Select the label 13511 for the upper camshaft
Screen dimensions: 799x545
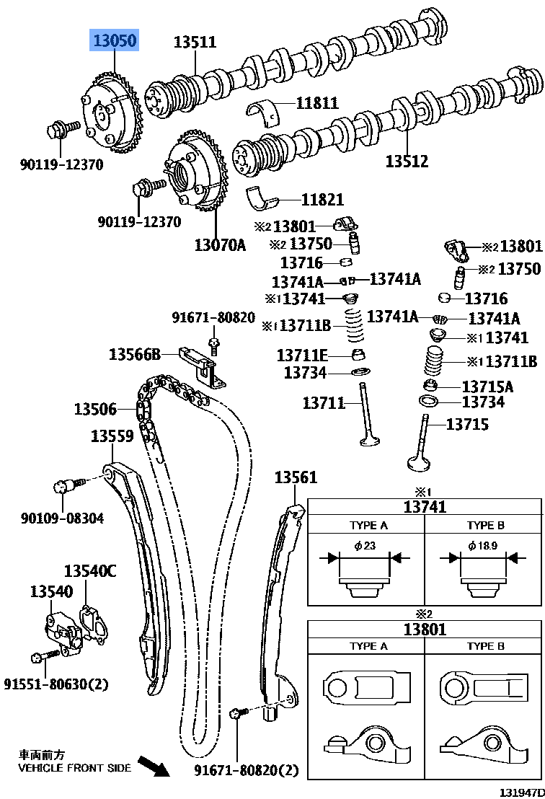195,42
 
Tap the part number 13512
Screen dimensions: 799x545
407,162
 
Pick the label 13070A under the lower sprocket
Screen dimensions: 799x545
219,244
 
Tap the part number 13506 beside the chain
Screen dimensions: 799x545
94,410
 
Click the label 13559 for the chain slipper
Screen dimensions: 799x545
112,436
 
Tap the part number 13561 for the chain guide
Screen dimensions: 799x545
296,477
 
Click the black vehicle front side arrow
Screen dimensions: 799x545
152,764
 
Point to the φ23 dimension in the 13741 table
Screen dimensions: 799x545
365,546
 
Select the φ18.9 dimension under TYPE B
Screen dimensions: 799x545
482,546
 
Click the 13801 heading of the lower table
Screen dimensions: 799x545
425,629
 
